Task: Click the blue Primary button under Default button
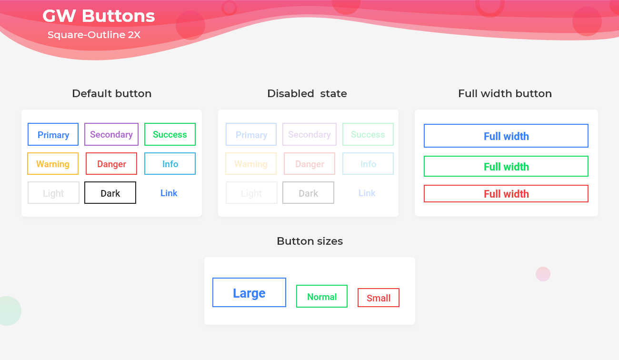pyautogui.click(x=53, y=135)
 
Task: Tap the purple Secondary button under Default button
pyautogui.click(x=111, y=134)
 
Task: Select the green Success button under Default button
pyautogui.click(x=170, y=134)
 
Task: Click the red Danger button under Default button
pyautogui.click(x=111, y=164)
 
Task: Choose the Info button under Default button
pyautogui.click(x=170, y=164)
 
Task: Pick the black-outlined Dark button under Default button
pyautogui.click(x=110, y=193)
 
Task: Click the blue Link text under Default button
pyautogui.click(x=169, y=193)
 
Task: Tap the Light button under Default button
pyautogui.click(x=53, y=193)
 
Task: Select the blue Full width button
pyautogui.click(x=506, y=136)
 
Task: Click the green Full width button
pyautogui.click(x=506, y=167)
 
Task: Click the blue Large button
pyautogui.click(x=249, y=293)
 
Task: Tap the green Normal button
pyautogui.click(x=322, y=297)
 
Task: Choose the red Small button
pyautogui.click(x=379, y=298)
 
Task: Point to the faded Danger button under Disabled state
pyautogui.click(x=309, y=164)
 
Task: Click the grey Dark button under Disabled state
pyautogui.click(x=308, y=193)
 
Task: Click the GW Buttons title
pyautogui.click(x=99, y=16)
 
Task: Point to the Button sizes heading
pyautogui.click(x=309, y=241)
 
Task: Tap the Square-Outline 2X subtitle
pyautogui.click(x=94, y=35)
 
